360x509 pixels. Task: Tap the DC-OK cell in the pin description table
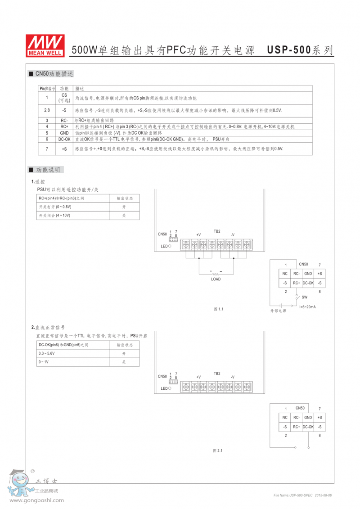tap(64, 140)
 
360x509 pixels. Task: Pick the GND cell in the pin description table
tap(64, 133)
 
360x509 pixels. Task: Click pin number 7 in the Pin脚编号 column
tap(47, 149)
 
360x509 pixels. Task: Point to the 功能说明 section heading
tap(48, 170)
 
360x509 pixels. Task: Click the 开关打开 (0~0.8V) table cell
tap(55, 207)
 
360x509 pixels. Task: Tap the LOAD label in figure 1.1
tap(216, 279)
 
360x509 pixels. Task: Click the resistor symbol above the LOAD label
tap(216, 273)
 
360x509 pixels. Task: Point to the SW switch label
tap(305, 297)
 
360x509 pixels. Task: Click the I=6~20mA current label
tap(307, 306)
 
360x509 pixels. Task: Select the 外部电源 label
tap(278, 311)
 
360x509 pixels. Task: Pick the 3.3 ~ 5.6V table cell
tap(47, 354)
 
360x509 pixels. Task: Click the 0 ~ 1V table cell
tap(44, 362)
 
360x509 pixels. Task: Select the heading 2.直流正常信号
tap(48, 327)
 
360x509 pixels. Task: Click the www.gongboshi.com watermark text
tap(37, 500)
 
